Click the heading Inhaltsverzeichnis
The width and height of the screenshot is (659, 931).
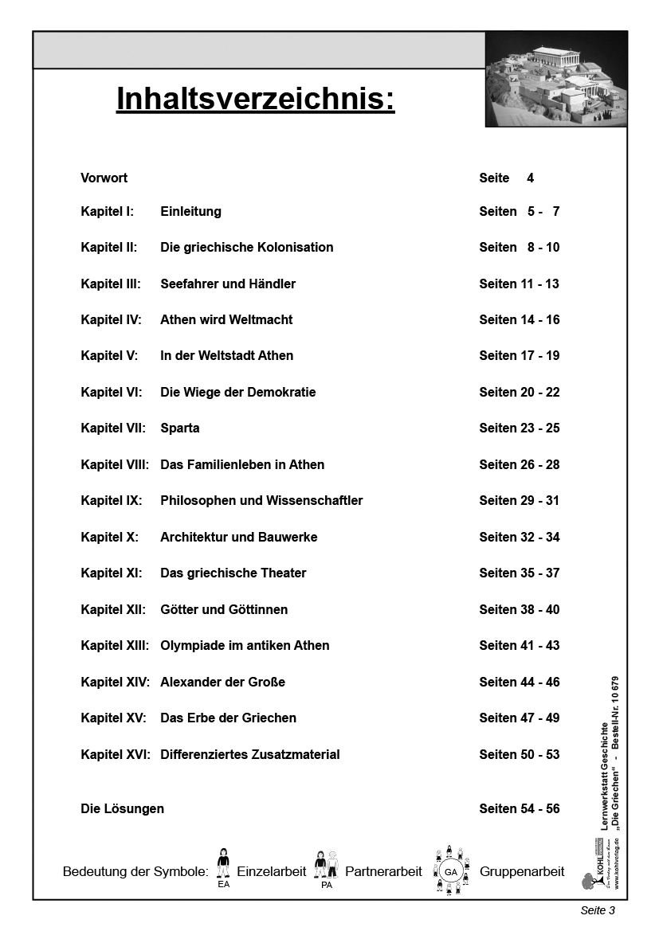255,100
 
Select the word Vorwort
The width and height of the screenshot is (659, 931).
104,178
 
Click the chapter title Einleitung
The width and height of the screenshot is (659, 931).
190,211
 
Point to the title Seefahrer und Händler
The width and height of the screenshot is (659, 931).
228,284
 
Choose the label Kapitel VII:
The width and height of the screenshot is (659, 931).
113,428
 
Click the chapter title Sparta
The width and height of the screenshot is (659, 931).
180,428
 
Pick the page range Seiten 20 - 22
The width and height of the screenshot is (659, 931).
519,392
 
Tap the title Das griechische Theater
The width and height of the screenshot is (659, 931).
233,573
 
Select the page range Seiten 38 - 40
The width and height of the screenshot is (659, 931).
519,609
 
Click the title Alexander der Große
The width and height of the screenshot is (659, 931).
222,682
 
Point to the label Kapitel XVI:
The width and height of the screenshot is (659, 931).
116,754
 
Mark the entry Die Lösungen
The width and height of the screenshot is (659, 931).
122,808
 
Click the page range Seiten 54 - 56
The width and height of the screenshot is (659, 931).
519,808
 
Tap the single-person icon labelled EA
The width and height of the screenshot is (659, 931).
223,865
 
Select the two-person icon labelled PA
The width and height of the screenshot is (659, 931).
326,866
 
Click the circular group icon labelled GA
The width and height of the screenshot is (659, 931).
450,871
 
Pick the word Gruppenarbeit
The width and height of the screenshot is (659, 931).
522,871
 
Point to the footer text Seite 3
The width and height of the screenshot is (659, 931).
598,910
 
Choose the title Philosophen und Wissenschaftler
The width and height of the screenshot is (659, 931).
261,500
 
